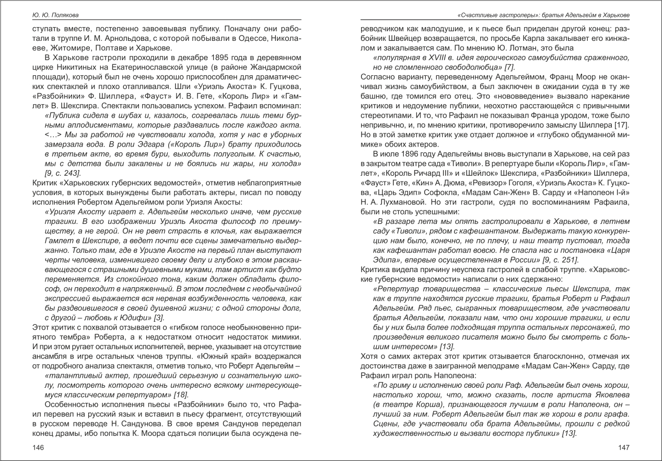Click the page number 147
click(x=623, y=447)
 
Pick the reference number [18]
click(x=179, y=395)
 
